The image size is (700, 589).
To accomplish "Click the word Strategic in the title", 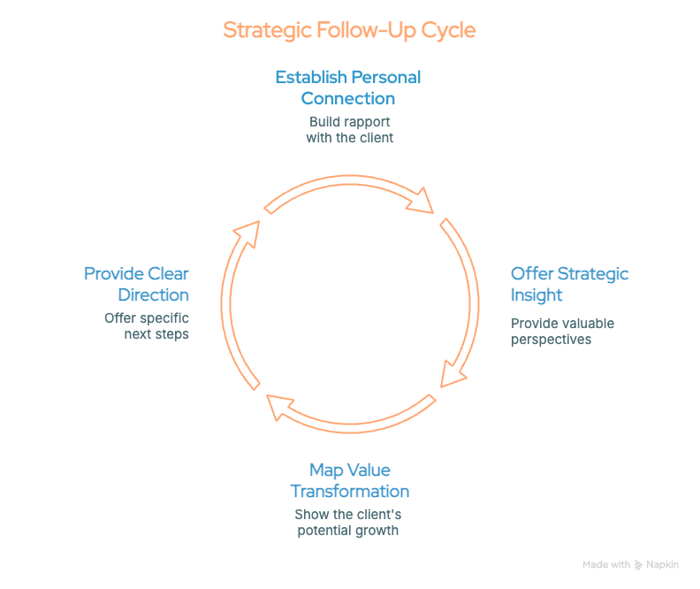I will pos(266,30).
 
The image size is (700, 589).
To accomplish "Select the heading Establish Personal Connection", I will pos(347,87).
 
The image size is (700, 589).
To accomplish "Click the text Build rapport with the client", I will pos(349,129).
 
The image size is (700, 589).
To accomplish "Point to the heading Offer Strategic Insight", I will pos(569,284).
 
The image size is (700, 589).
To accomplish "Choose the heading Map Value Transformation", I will pos(349,480).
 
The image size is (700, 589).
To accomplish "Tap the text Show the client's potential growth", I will pos(348,522).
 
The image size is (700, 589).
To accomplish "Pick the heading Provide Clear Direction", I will pos(136,284).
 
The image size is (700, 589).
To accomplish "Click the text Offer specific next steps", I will pos(147,325).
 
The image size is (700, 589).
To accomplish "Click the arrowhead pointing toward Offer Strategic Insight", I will pos(422,201).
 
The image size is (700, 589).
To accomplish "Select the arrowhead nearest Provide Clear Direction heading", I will pos(247,228).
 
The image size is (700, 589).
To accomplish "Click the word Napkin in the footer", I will pos(662,564).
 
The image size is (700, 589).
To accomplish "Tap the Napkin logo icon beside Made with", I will pos(639,565).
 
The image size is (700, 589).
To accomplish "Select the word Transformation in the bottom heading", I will pos(349,491).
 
